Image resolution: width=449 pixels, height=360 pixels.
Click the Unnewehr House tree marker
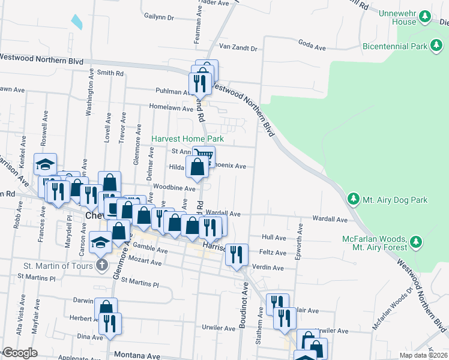425,16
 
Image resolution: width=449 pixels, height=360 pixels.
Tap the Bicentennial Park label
394,46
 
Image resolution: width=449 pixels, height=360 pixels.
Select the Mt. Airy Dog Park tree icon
353,199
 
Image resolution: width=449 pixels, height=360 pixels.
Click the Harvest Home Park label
187,139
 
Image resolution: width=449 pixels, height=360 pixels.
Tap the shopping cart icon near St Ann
203,157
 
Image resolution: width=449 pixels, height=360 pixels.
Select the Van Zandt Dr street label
238,47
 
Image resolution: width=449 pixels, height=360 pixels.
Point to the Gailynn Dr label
158,17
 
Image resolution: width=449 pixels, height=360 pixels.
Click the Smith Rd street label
110,73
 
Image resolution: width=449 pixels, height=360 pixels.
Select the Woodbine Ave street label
175,188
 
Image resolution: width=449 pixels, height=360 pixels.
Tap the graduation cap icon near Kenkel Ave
45,164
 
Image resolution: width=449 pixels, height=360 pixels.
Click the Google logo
20,353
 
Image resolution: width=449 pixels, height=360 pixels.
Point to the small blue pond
76,22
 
